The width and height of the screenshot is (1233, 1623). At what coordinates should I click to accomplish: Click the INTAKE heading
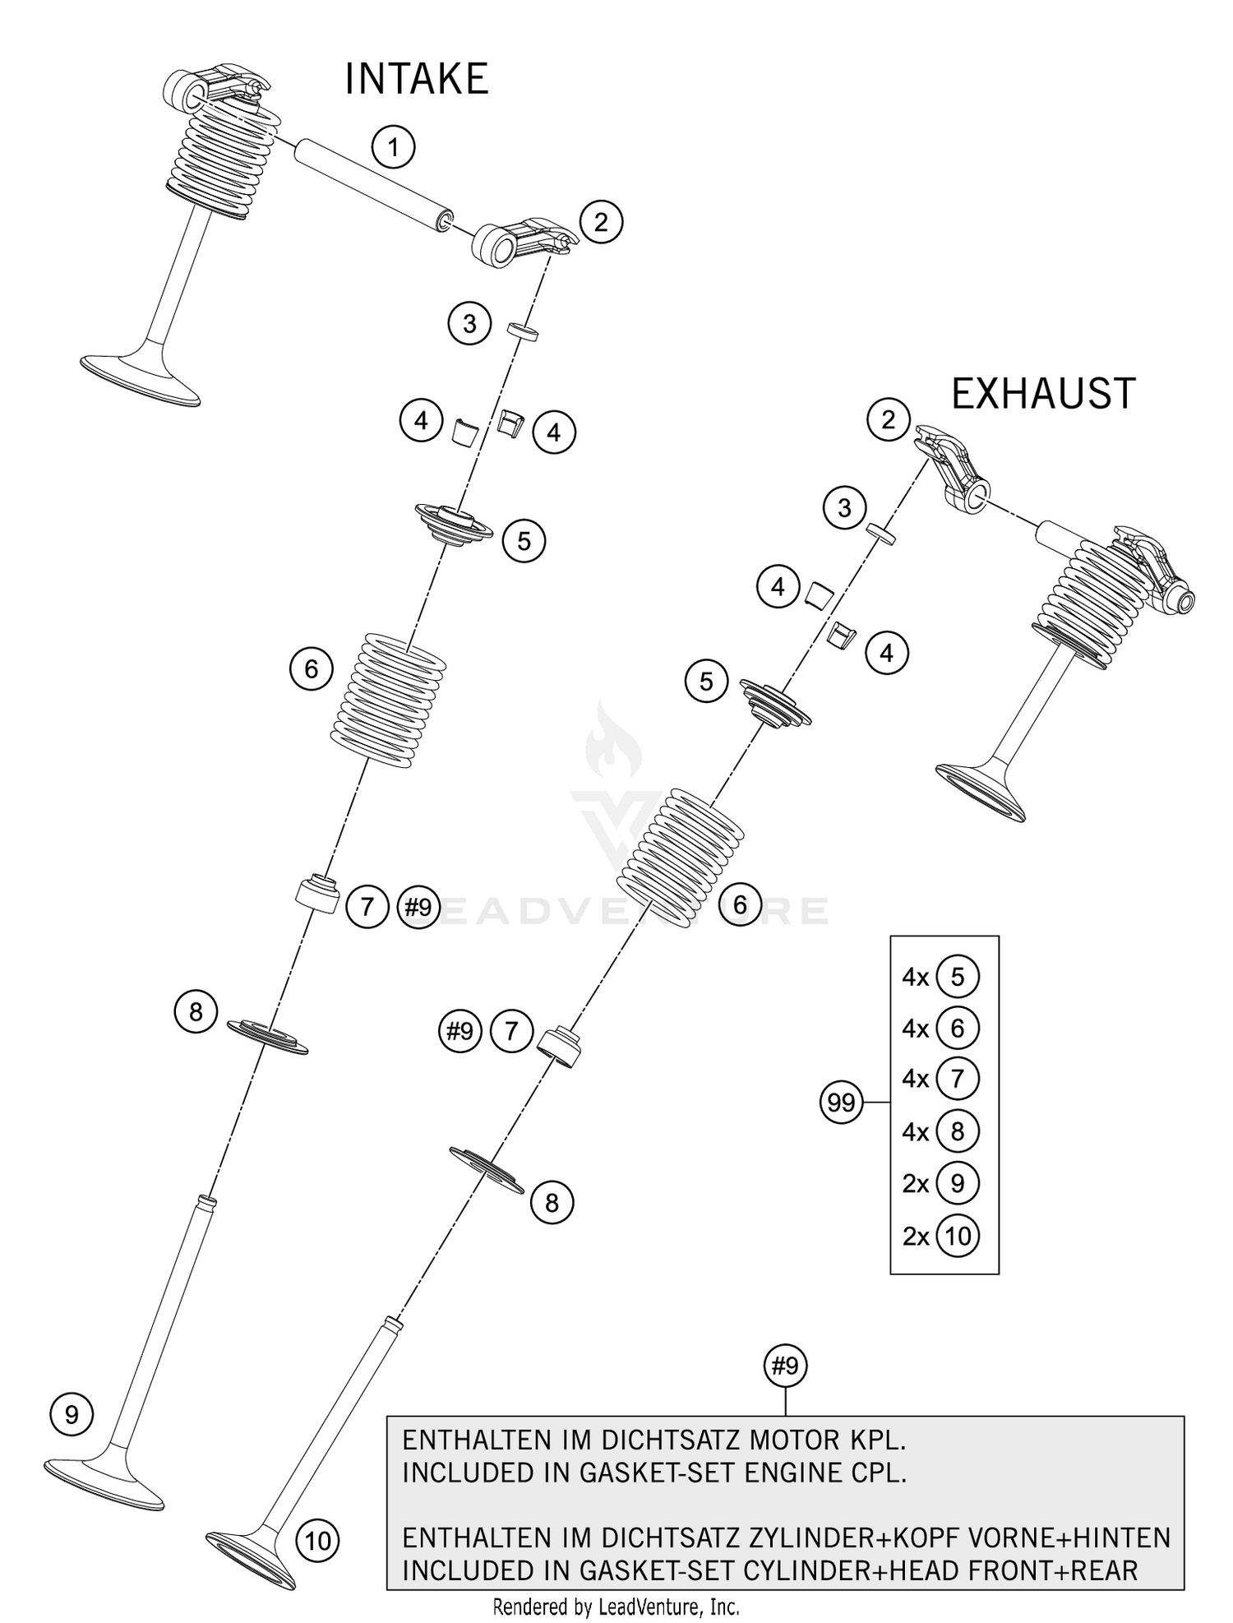(x=416, y=80)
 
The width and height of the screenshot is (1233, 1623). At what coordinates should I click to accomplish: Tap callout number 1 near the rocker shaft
(x=393, y=148)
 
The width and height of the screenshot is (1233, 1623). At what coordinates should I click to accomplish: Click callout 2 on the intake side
(x=601, y=222)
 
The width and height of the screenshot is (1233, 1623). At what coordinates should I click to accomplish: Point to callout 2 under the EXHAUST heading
(x=888, y=420)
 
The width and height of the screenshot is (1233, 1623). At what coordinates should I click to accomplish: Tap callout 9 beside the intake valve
(x=72, y=1414)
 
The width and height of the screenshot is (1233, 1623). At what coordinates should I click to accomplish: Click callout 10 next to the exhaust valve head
(x=317, y=1540)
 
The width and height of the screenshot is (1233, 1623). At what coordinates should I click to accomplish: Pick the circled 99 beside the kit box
(x=841, y=1102)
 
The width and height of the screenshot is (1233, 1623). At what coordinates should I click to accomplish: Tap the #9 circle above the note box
(x=785, y=1366)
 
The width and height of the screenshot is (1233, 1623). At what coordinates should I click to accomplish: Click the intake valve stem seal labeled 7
(x=318, y=895)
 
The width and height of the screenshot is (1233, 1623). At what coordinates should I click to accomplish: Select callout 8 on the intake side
(x=195, y=1011)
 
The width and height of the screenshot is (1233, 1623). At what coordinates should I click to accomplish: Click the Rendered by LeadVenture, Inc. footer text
(x=616, y=1607)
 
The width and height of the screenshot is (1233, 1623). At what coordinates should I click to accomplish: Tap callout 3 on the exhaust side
(x=844, y=508)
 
